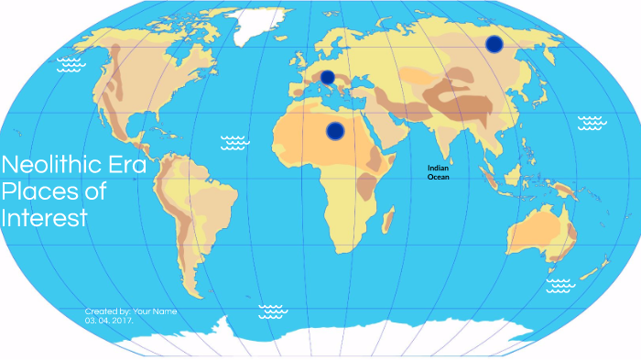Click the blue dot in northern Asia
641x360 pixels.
click(x=494, y=43)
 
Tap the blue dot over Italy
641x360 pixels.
click(x=327, y=76)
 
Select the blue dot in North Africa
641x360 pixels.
click(x=335, y=131)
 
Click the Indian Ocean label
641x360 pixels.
click(x=439, y=172)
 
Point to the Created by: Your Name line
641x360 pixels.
click(x=131, y=311)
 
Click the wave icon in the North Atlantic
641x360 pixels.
click(x=235, y=141)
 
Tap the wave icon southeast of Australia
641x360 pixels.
click(x=560, y=286)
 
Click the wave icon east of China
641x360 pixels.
click(x=592, y=122)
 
